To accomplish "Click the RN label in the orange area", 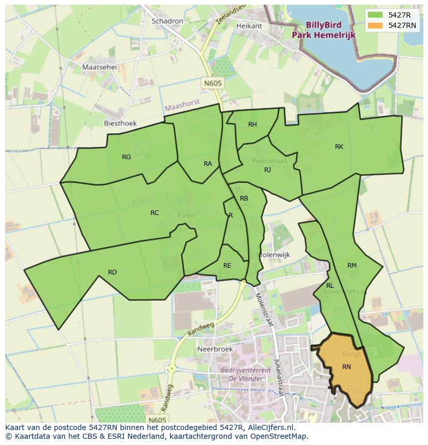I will click(346, 367).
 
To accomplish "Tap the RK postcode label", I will click(339, 147).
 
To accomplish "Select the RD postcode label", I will click(112, 272).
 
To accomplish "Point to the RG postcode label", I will click(126, 157).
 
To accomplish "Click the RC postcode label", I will click(155, 213).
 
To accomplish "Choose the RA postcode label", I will click(208, 164).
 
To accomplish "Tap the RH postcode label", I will click(252, 125).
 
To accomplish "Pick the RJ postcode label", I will click(267, 170).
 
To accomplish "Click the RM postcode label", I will click(352, 266).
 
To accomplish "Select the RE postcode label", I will click(227, 266).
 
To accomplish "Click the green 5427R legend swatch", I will click(375, 15).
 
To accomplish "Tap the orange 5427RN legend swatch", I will click(375, 25).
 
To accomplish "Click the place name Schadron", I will click(167, 21).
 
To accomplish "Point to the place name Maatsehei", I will click(100, 67).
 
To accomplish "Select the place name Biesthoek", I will click(120, 124).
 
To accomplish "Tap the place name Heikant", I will click(249, 26).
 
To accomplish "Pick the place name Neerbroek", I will click(215, 349).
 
